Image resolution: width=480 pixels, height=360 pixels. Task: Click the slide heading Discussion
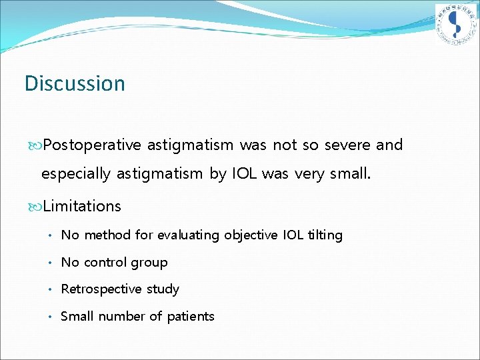pos(75,84)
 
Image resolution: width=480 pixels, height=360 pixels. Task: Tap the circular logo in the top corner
pos(456,25)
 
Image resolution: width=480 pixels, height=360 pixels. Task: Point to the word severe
pos(346,145)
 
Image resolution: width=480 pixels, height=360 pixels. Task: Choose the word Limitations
pos(82,207)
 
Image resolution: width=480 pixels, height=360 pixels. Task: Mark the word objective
pos(249,235)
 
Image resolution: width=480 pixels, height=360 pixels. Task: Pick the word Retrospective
pos(101,289)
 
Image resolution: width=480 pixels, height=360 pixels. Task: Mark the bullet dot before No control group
pos(50,263)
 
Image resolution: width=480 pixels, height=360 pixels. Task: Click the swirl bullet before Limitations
pos(36,207)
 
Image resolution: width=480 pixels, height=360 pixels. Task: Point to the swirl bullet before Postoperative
pos(36,145)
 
